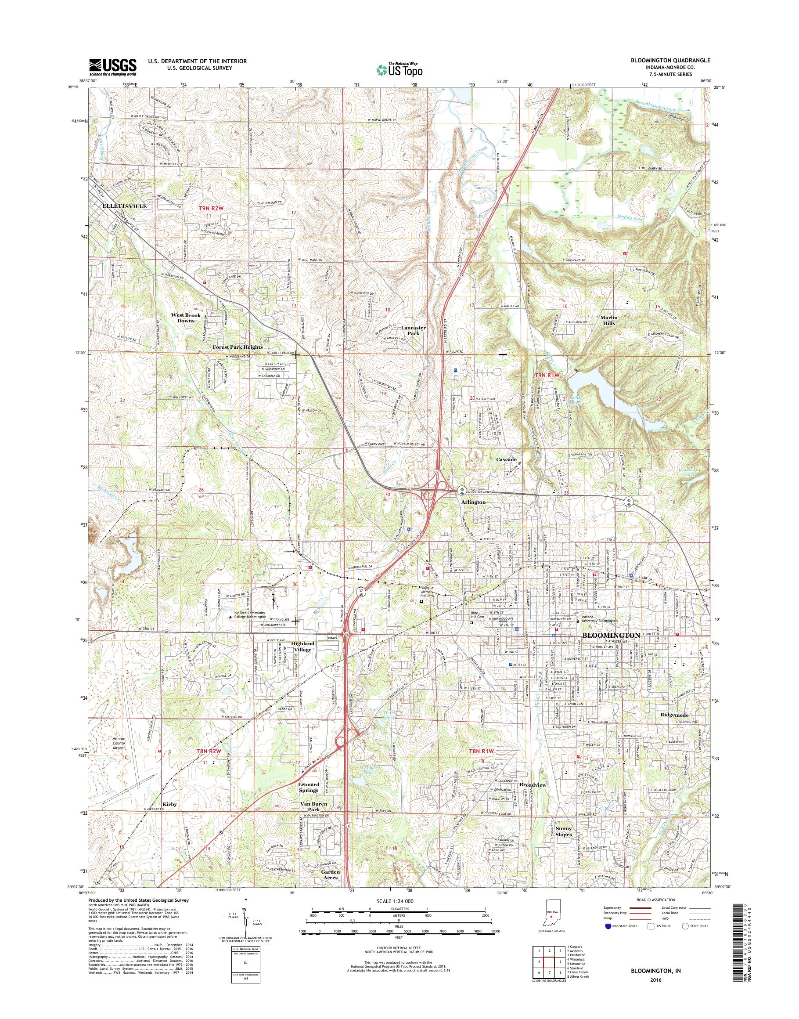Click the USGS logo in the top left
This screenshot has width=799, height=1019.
point(113,67)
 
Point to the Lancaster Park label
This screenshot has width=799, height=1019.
point(414,331)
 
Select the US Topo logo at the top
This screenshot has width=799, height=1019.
point(399,70)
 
